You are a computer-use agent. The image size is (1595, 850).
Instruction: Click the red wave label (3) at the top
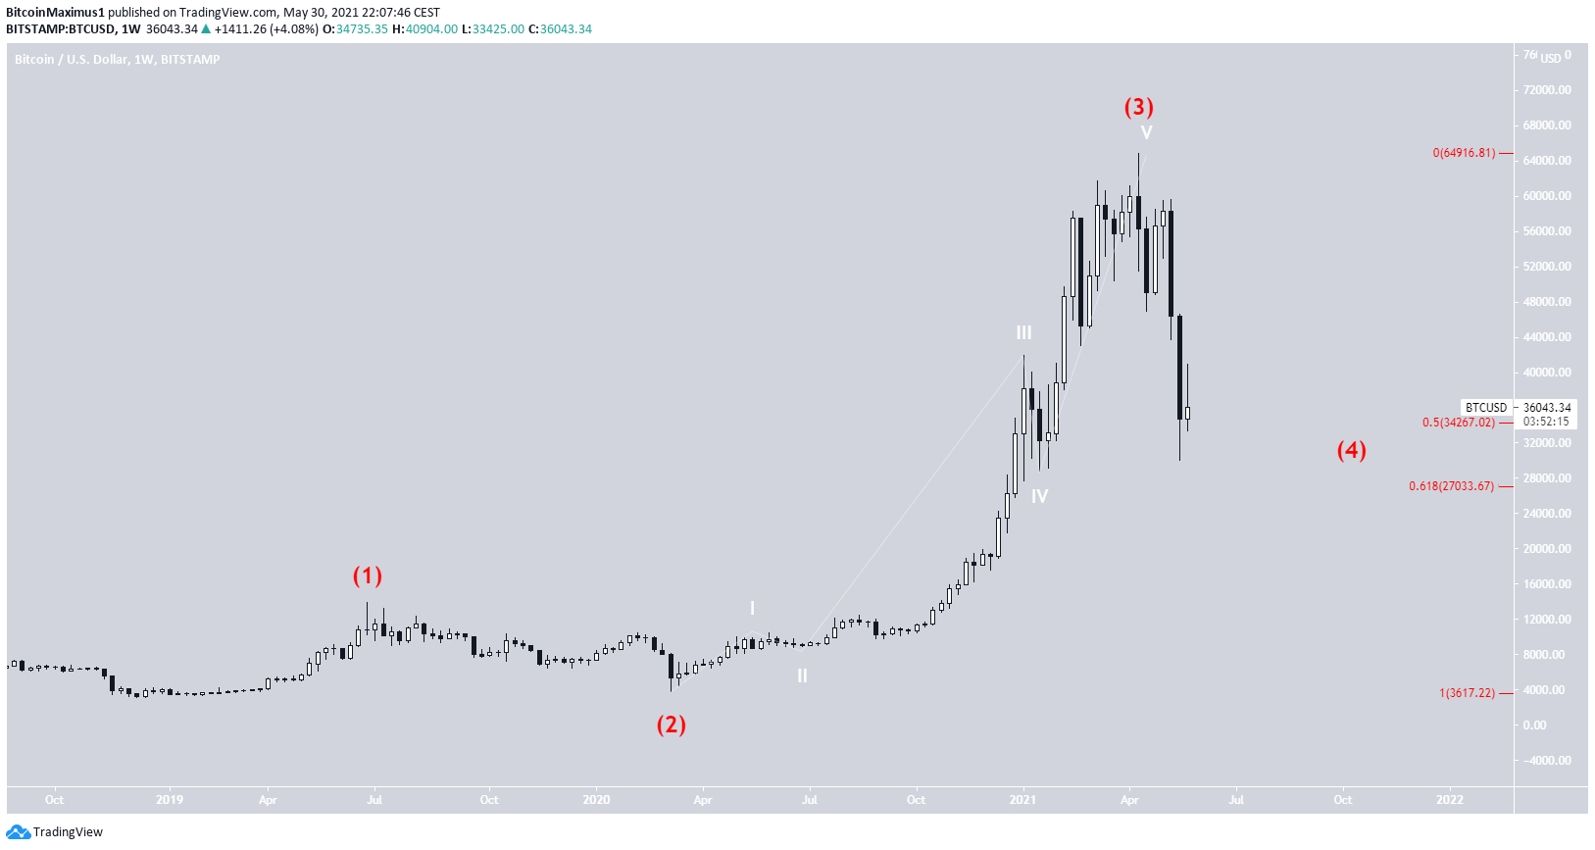coord(1138,107)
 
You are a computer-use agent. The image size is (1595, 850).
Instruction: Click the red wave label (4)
coord(1351,450)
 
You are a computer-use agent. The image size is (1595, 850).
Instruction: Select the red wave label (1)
coord(368,575)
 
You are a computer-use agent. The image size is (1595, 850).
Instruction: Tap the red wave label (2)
coord(671,725)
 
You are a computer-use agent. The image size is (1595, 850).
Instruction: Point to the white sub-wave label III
coord(1023,332)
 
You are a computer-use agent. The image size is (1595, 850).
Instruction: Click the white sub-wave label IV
coord(1039,496)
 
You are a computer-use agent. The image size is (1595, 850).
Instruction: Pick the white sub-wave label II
coord(802,675)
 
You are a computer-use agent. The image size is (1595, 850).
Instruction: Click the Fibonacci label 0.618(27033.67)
coord(1451,486)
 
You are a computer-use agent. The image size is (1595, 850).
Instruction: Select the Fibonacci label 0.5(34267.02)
coord(1458,423)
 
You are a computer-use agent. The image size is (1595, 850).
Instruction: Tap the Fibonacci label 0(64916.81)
coord(1464,153)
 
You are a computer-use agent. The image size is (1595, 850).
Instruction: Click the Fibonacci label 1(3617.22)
coord(1467,693)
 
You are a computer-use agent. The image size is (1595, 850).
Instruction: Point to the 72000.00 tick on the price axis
coord(1547,90)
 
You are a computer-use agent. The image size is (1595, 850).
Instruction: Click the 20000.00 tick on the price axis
coord(1547,549)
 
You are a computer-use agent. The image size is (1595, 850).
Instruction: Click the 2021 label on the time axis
coord(1022,800)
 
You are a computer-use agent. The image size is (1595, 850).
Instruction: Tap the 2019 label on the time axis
coord(170,800)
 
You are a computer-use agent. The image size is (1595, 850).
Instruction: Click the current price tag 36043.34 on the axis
coord(1546,408)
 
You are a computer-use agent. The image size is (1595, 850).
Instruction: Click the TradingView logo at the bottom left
coord(55,832)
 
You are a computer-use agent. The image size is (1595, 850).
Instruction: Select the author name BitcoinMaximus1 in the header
coord(55,13)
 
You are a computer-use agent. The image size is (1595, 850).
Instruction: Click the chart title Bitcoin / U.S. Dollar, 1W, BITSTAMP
coord(118,60)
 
